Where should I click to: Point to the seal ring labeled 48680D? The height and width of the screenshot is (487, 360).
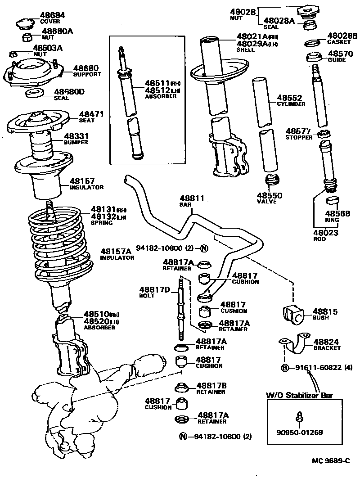pos(34,94)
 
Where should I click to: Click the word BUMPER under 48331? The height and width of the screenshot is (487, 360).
pos(76,142)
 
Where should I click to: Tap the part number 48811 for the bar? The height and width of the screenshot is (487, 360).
pos(192,198)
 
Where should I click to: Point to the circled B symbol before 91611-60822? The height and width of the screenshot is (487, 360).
pos(284,368)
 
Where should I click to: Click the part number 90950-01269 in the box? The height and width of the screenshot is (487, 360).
pos(300,433)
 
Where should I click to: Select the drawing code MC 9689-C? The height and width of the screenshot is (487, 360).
pos(331,460)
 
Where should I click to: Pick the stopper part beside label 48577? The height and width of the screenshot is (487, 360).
pos(322,134)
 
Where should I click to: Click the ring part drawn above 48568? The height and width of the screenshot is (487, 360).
pos(332,200)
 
